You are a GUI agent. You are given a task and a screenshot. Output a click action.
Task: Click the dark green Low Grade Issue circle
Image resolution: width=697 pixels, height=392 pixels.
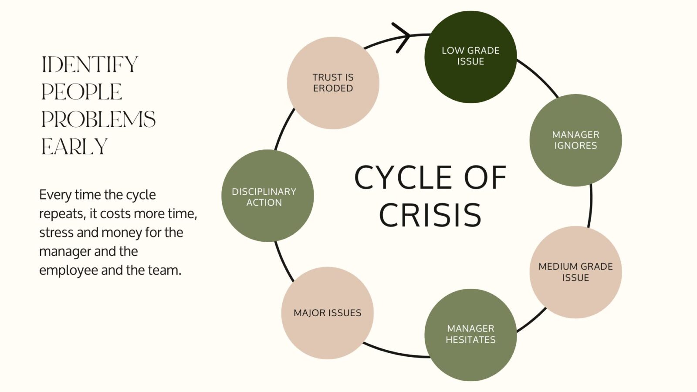(470, 57)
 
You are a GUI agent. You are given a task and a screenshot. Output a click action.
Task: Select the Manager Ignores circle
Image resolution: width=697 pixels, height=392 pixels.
(575, 140)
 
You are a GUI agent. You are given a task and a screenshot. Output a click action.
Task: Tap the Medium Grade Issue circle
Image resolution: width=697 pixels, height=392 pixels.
(575, 272)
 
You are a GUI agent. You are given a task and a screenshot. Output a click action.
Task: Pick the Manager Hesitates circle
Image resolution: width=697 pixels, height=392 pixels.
(470, 335)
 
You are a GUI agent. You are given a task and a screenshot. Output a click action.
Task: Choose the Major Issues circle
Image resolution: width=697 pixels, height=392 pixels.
(327, 313)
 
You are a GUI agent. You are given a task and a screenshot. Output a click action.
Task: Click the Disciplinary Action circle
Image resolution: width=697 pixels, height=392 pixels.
(267, 196)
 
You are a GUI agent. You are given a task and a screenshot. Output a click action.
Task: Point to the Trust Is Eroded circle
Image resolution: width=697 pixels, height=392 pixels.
(333, 83)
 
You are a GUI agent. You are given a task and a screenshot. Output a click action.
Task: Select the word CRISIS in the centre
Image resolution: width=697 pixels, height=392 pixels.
(430, 215)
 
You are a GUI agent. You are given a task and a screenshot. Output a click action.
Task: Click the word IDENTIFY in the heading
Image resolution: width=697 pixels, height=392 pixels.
(90, 65)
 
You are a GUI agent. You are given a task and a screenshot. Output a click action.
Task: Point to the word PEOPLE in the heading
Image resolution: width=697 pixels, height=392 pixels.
(81, 92)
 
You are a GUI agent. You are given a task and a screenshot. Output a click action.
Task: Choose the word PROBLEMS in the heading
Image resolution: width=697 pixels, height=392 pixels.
(98, 119)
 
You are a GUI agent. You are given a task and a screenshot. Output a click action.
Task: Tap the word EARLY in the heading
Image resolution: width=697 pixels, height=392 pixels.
(74, 147)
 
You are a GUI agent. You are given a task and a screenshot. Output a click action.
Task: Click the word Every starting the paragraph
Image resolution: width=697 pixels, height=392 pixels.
(55, 195)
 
